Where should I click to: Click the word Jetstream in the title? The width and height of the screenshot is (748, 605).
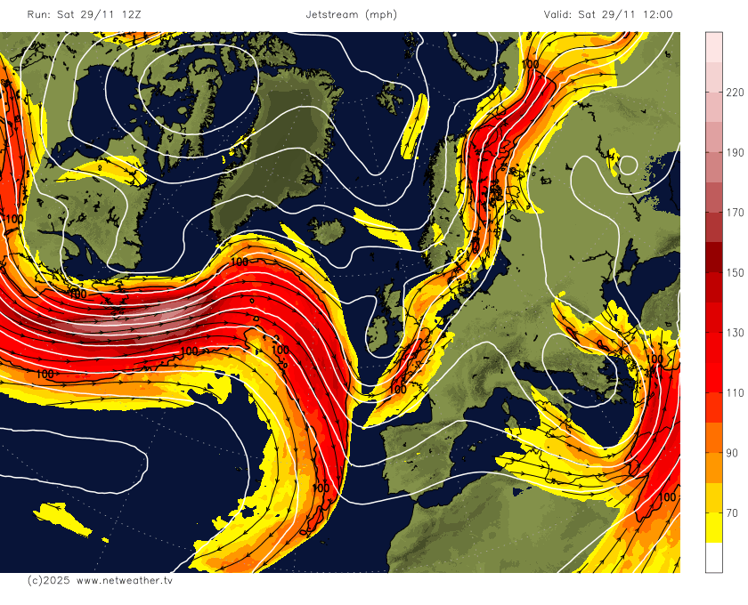[x=331, y=14]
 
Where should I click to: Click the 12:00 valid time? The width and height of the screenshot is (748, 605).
[x=654, y=14]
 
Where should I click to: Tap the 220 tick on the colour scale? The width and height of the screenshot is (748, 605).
[x=736, y=92]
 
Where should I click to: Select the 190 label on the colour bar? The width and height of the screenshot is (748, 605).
[x=736, y=152]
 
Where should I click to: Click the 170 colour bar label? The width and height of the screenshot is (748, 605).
[x=736, y=212]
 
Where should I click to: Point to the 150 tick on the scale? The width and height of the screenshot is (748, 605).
[x=736, y=272]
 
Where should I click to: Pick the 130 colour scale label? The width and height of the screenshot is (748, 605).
[x=736, y=332]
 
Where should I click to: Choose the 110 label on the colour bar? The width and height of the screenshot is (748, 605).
[x=736, y=392]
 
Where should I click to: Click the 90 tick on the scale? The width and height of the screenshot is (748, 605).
[x=733, y=453]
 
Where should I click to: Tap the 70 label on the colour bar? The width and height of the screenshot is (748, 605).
[x=733, y=512]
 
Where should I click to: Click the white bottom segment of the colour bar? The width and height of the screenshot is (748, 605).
[x=714, y=558]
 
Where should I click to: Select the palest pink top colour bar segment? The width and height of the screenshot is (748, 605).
[x=714, y=46]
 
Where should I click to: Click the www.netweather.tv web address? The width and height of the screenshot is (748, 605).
[x=124, y=580]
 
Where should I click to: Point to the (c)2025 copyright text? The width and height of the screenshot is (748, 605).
[x=47, y=580]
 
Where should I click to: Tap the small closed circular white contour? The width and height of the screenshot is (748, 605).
[x=628, y=165]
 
